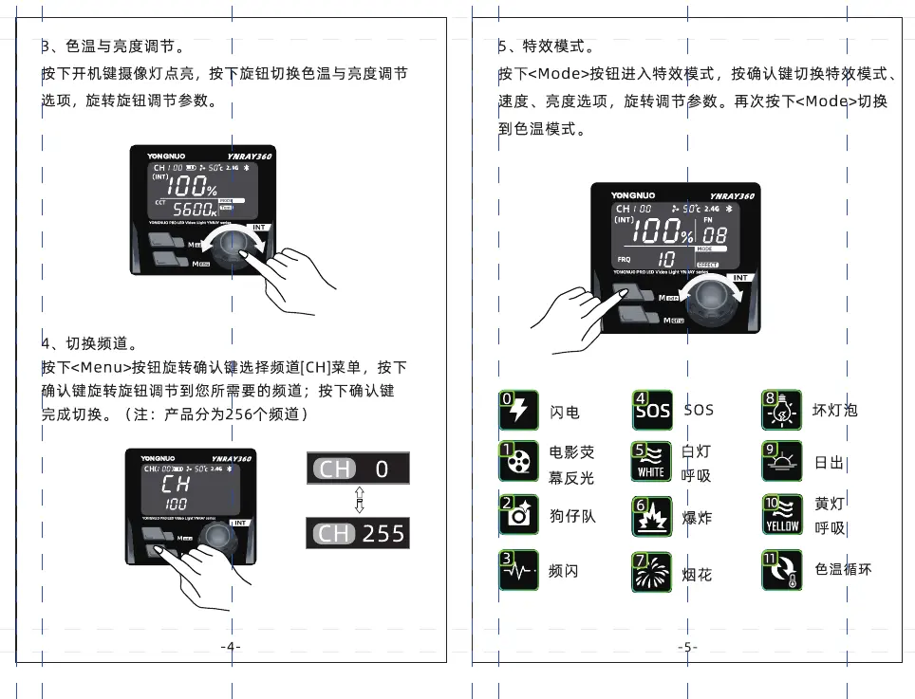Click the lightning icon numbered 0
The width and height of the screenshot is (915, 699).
tap(519, 410)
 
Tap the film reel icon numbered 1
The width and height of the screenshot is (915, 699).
tap(519, 461)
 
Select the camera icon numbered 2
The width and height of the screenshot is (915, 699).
tap(519, 515)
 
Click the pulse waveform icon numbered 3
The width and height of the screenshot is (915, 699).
tap(519, 570)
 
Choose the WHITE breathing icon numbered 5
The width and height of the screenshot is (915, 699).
tap(652, 461)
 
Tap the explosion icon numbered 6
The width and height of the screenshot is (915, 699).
tap(652, 517)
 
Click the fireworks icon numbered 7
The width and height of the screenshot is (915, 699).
tap(652, 572)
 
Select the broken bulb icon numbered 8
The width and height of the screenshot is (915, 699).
tap(782, 410)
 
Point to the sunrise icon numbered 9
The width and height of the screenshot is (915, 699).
tap(782, 461)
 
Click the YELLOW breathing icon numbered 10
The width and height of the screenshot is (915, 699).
tap(782, 515)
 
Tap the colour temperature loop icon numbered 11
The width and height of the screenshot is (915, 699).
tap(782, 570)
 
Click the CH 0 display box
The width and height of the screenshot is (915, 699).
tap(357, 469)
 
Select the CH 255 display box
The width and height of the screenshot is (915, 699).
tap(357, 533)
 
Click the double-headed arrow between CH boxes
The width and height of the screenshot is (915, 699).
tap(359, 501)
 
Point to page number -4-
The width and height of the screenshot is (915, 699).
tap(231, 647)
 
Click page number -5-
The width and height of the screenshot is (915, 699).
tap(688, 647)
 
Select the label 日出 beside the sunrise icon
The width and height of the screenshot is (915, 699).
tap(829, 463)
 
